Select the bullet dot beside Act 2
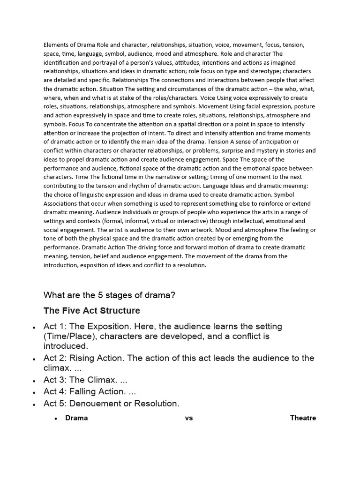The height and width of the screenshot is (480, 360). pyautogui.click(x=34, y=359)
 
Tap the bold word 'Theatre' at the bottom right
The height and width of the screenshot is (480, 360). pyautogui.click(x=303, y=418)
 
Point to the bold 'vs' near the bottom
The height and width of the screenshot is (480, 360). pyautogui.click(x=189, y=418)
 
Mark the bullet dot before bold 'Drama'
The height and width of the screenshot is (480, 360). pyautogui.click(x=56, y=418)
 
